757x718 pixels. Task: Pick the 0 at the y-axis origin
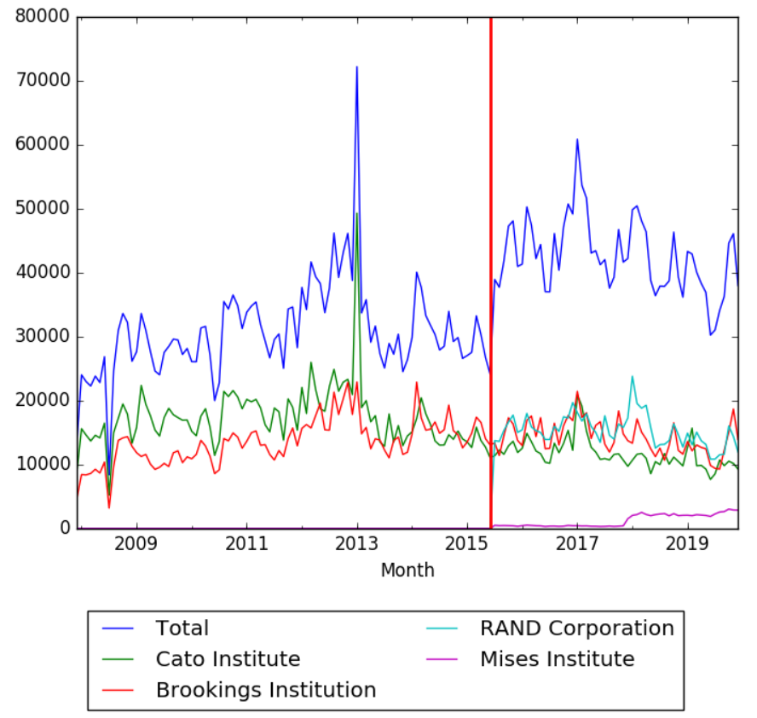click(65, 529)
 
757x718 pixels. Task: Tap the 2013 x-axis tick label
click(357, 543)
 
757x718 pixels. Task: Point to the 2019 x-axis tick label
click(689, 543)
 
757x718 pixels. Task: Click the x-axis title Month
click(407, 570)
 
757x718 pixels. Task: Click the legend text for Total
click(182, 628)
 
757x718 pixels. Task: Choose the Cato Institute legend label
click(228, 659)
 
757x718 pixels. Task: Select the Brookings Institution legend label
click(265, 690)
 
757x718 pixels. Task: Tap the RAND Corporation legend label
click(576, 628)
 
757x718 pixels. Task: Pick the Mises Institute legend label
click(557, 659)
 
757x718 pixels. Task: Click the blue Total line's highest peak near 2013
click(357, 67)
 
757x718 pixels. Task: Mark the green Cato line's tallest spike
click(357, 213)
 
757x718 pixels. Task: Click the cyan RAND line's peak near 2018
click(633, 376)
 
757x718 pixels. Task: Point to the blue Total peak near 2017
click(577, 139)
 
